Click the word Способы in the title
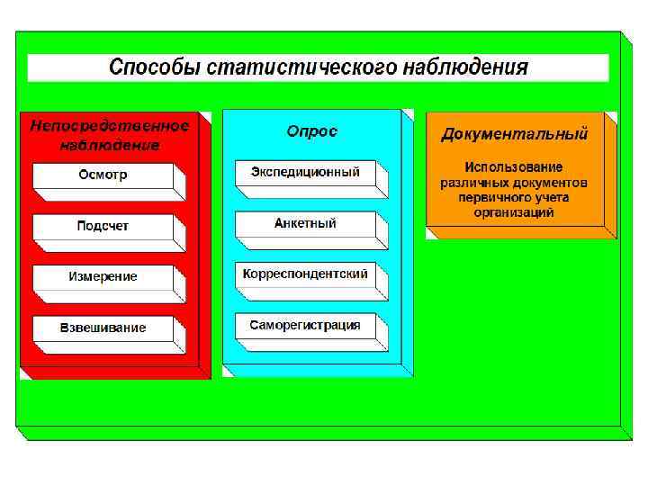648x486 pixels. click(154, 67)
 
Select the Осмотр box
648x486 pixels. click(103, 175)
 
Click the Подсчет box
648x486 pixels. click(103, 226)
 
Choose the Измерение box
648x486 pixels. click(103, 276)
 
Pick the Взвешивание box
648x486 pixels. click(103, 328)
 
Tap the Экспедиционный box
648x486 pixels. click(305, 172)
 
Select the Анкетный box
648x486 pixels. click(305, 222)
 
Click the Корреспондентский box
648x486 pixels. click(305, 274)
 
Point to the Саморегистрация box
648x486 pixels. click(305, 325)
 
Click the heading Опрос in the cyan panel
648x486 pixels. click(311, 131)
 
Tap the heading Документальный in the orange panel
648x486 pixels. click(514, 135)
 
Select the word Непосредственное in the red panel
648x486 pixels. click(109, 126)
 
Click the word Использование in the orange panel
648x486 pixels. click(514, 167)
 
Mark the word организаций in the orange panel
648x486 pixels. click(514, 213)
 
